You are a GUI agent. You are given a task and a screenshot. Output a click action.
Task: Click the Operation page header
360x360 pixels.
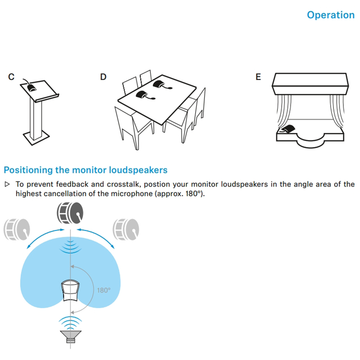[x=330, y=15]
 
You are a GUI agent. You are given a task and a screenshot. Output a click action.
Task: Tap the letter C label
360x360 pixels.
[x=11, y=77]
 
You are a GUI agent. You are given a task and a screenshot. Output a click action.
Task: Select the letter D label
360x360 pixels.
[x=103, y=77]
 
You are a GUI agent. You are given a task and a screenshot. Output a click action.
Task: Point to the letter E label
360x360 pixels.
[x=258, y=77]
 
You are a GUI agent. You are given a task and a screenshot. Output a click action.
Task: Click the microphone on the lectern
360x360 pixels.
[x=32, y=88]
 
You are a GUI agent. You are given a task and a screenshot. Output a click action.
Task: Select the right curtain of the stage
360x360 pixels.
[x=337, y=110]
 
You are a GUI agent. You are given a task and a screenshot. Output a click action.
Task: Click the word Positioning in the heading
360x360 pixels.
[x=28, y=170]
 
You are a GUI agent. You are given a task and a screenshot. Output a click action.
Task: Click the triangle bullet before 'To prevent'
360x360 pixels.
[x=7, y=184]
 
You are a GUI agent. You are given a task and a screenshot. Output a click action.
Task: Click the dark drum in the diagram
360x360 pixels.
[x=70, y=213]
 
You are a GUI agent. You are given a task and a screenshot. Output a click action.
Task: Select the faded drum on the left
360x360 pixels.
[x=17, y=229]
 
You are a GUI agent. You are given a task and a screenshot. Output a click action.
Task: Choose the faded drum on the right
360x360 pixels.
[x=126, y=229]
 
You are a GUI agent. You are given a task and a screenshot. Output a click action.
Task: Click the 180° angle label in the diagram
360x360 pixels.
[x=104, y=291]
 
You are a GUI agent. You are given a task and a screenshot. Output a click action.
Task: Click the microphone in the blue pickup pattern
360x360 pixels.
[x=71, y=291]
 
